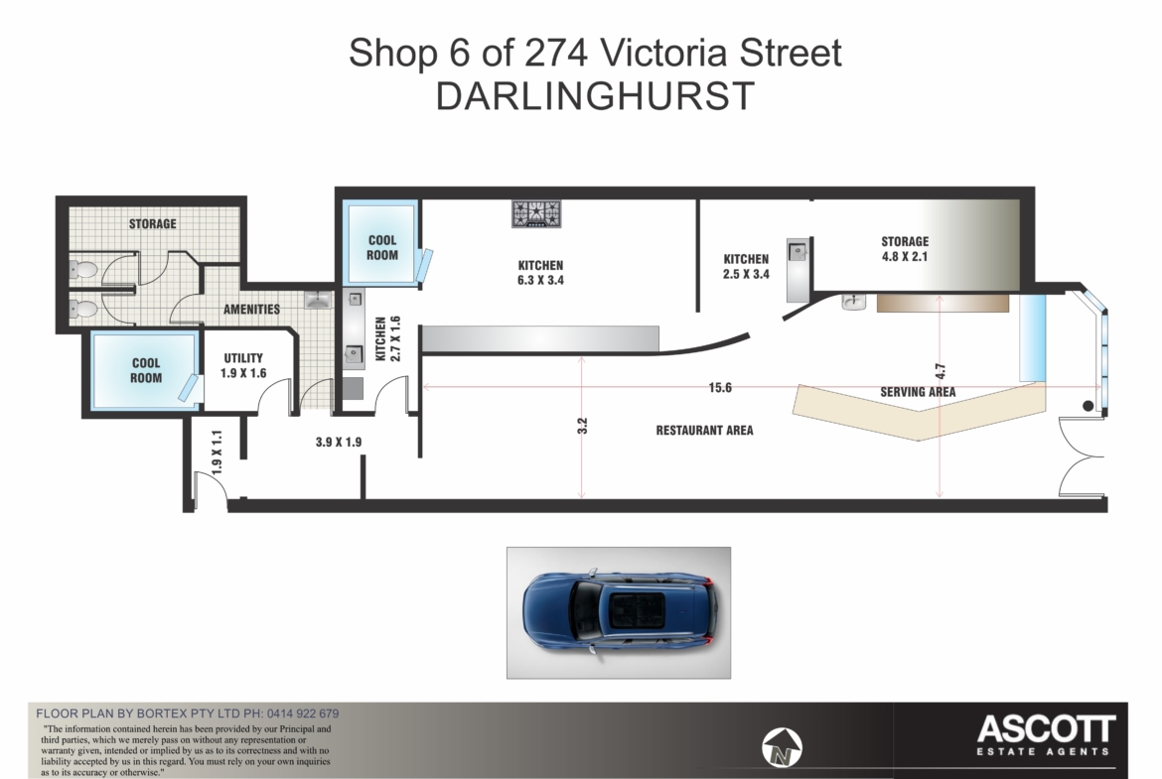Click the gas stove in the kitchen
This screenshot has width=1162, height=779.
pos(536,213)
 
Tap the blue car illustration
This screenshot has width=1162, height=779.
pos(620,613)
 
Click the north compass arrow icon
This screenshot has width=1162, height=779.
pos(782,746)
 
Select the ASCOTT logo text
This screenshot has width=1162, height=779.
pos(1046,729)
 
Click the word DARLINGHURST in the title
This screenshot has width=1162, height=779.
pos(595,96)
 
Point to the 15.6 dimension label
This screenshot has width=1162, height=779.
pos(720,387)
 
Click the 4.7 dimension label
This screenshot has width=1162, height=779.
pos(940,371)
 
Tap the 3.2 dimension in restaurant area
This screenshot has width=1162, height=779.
pos(582,426)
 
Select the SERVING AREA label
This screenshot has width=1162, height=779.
pos(918,392)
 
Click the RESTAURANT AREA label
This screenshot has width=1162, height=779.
pos(704,431)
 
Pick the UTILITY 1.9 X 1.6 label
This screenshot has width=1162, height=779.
pos(243,366)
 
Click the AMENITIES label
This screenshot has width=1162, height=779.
pos(252,310)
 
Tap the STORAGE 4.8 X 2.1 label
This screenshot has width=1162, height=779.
pos(904,249)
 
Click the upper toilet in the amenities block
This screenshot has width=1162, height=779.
pos(83,270)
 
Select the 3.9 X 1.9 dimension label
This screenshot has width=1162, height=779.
pos(339,442)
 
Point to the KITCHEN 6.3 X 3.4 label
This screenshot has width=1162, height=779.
pos(540,273)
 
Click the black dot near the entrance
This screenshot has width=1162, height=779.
pos(1088,406)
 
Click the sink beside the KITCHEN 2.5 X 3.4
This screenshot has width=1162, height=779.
pos(798,250)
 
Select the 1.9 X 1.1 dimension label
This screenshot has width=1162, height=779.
pos(217,453)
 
